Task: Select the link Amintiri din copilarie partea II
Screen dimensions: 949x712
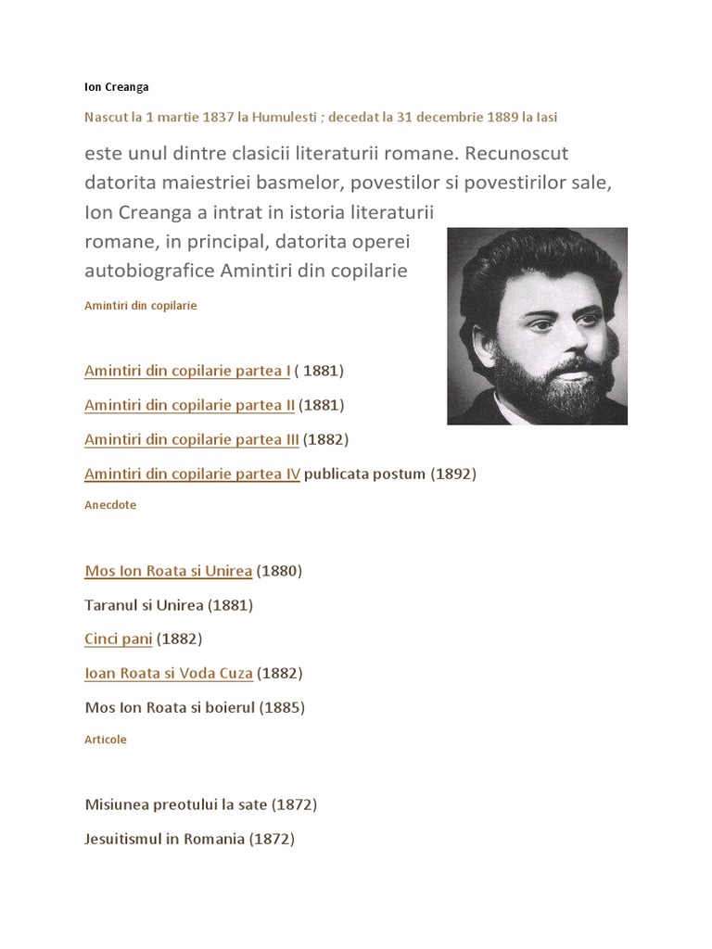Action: tap(189, 405)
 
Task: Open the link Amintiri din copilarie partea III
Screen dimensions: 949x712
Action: tap(191, 439)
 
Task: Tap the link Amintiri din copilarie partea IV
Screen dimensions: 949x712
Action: tap(192, 474)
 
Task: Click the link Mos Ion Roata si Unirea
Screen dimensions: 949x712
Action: tap(168, 571)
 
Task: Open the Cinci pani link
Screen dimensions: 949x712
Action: tap(118, 639)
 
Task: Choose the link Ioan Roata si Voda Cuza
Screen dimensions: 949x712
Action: tap(168, 673)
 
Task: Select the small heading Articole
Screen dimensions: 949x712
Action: tap(106, 740)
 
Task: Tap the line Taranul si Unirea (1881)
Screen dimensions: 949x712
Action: tap(169, 605)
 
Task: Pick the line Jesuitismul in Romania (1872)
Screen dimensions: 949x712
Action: tap(189, 839)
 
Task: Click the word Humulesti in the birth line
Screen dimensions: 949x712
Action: tap(285, 118)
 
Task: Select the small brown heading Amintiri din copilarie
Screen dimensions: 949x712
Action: tap(141, 304)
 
